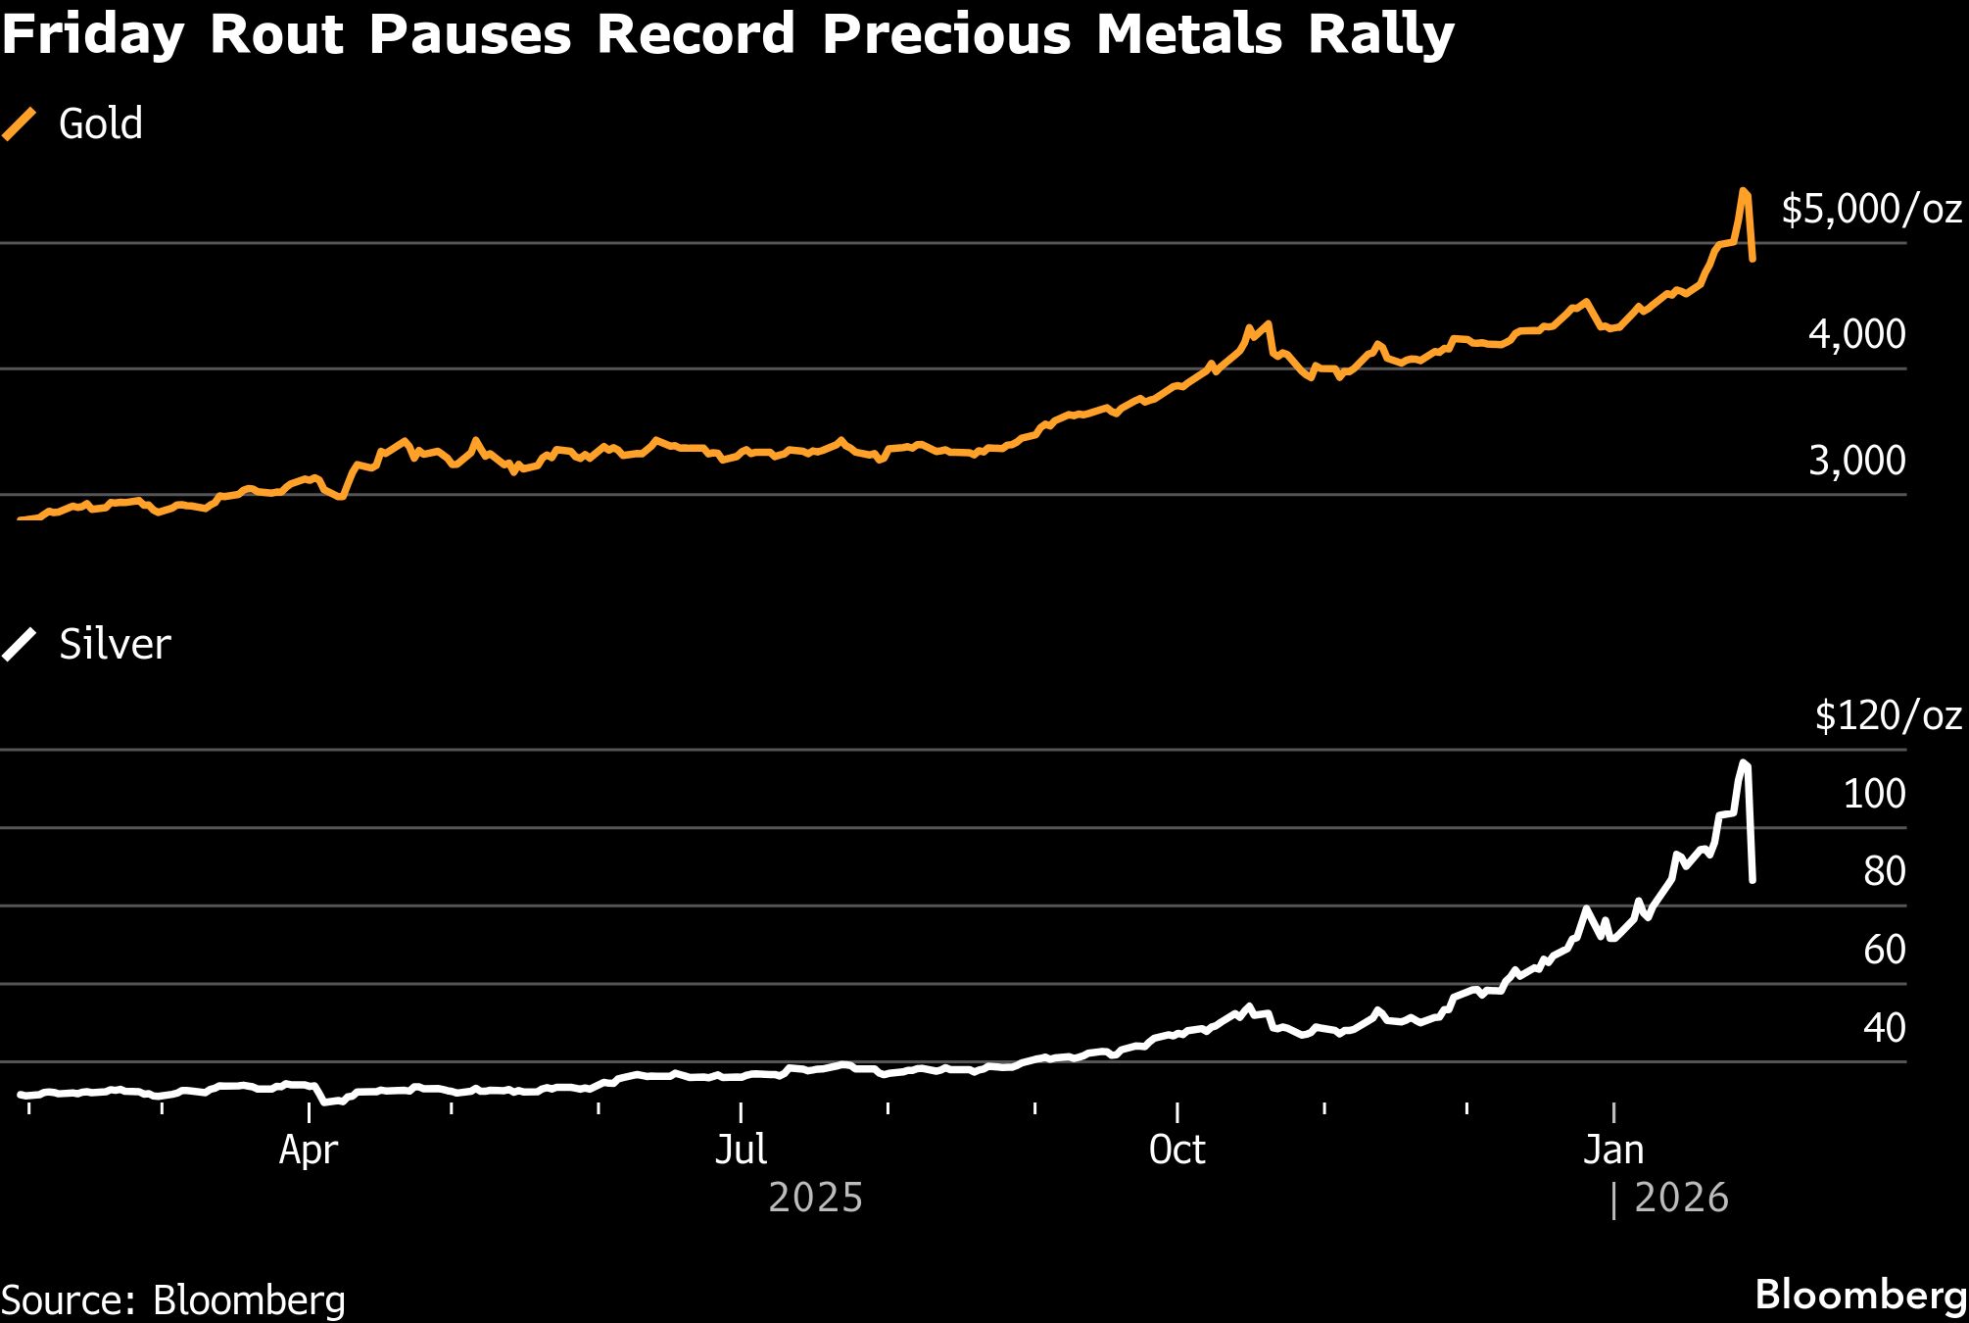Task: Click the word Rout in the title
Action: point(275,33)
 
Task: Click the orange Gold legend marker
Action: point(19,124)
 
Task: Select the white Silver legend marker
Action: point(19,645)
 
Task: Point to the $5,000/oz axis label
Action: point(1871,209)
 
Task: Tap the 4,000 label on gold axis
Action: point(1856,334)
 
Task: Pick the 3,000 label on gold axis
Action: point(1856,460)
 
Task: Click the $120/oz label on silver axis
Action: point(1888,715)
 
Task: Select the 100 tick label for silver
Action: point(1874,793)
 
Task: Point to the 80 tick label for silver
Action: point(1884,871)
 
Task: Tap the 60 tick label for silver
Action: point(1884,949)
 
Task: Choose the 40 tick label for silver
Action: point(1884,1027)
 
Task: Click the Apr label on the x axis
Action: point(309,1150)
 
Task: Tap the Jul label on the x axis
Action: point(741,1150)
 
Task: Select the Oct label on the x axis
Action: point(1177,1150)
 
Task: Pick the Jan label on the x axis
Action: point(1613,1150)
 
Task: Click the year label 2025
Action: point(815,1198)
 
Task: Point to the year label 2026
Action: point(1681,1198)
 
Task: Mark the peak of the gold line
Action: point(1744,191)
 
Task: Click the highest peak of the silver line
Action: point(1744,762)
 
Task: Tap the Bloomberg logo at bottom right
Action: point(1860,1295)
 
